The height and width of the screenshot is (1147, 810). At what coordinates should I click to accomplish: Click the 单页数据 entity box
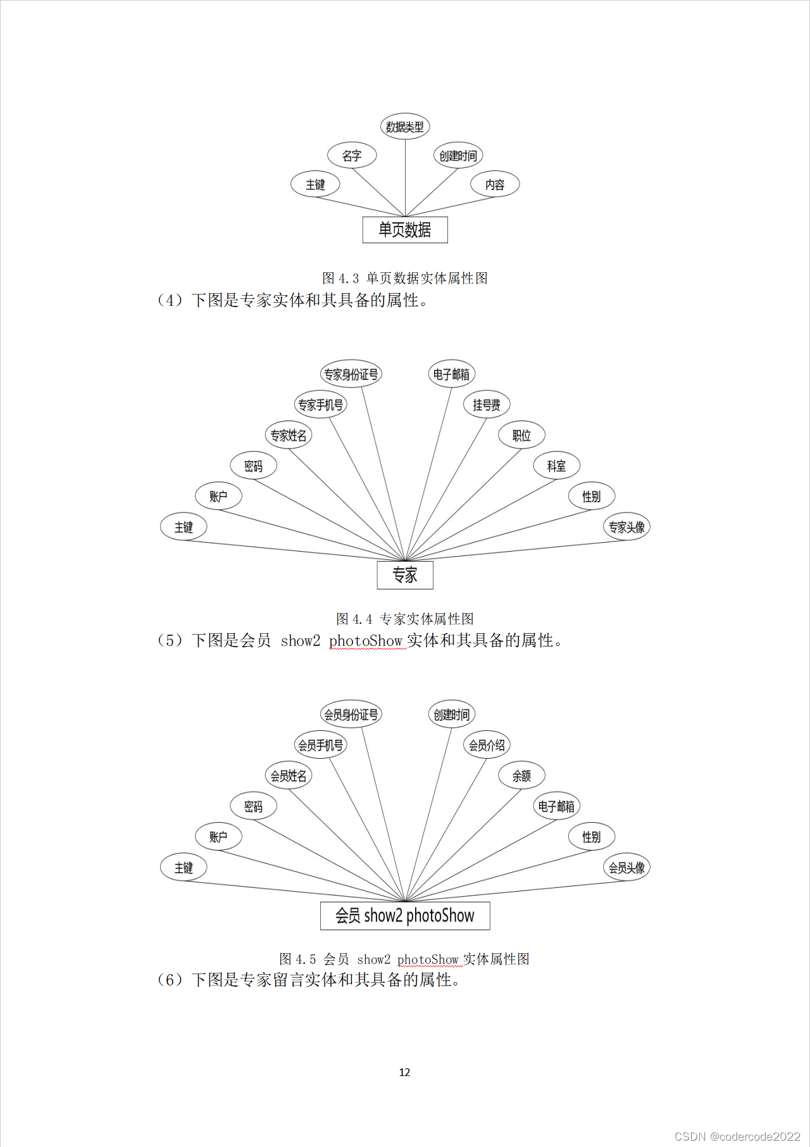405,230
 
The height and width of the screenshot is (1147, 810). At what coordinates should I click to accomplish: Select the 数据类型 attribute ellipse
405,127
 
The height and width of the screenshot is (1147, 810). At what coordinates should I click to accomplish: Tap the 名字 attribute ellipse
352,155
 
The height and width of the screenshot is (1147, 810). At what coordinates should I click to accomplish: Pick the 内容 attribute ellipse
495,184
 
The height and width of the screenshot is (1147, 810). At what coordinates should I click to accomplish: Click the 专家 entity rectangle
405,575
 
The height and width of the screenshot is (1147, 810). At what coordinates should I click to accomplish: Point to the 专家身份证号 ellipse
351,374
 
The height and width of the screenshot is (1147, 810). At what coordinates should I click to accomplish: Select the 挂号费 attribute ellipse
487,405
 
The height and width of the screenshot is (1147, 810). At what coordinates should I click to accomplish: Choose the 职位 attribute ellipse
521,435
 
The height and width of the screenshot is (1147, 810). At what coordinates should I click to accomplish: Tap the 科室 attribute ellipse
556,466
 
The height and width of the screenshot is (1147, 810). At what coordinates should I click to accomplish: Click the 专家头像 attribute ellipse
626,527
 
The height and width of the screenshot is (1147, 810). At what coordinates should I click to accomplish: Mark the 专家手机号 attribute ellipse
321,405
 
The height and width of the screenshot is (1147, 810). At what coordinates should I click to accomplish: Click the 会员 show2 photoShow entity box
405,916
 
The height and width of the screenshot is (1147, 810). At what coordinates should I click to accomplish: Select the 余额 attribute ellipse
521,775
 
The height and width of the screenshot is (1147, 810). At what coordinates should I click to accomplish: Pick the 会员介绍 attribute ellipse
487,745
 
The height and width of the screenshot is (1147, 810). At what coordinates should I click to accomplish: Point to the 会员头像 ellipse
626,867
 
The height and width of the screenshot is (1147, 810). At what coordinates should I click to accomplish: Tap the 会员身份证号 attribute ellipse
351,714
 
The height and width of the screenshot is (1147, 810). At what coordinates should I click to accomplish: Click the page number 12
404,1072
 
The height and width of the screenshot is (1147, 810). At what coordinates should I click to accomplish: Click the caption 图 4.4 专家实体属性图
405,619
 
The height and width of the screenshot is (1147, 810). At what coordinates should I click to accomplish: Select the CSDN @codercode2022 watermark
737,1136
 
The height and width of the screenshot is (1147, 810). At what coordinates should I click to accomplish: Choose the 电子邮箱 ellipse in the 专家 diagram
452,374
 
